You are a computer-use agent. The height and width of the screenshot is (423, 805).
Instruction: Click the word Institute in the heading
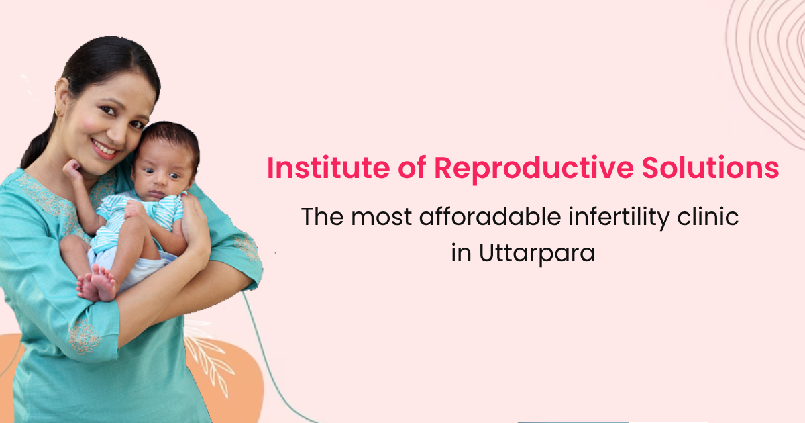click(x=328, y=168)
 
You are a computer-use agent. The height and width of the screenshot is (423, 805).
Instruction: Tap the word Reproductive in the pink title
click(x=534, y=169)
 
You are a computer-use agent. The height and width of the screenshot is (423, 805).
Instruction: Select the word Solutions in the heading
click(x=710, y=168)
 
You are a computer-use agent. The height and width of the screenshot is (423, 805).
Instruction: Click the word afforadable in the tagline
click(x=490, y=216)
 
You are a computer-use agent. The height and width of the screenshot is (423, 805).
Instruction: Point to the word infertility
click(x=619, y=218)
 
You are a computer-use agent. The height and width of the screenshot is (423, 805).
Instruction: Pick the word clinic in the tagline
click(x=708, y=216)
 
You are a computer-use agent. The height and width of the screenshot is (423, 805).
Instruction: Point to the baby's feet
click(x=97, y=284)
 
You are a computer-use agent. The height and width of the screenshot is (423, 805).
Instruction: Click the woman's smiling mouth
click(x=104, y=149)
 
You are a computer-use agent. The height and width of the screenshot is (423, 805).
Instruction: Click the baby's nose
click(x=160, y=183)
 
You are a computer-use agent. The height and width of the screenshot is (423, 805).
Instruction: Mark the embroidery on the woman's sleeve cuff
click(x=85, y=336)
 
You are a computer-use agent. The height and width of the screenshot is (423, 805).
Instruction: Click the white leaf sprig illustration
click(x=210, y=360)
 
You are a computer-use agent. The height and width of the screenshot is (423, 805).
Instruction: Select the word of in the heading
click(x=412, y=168)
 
